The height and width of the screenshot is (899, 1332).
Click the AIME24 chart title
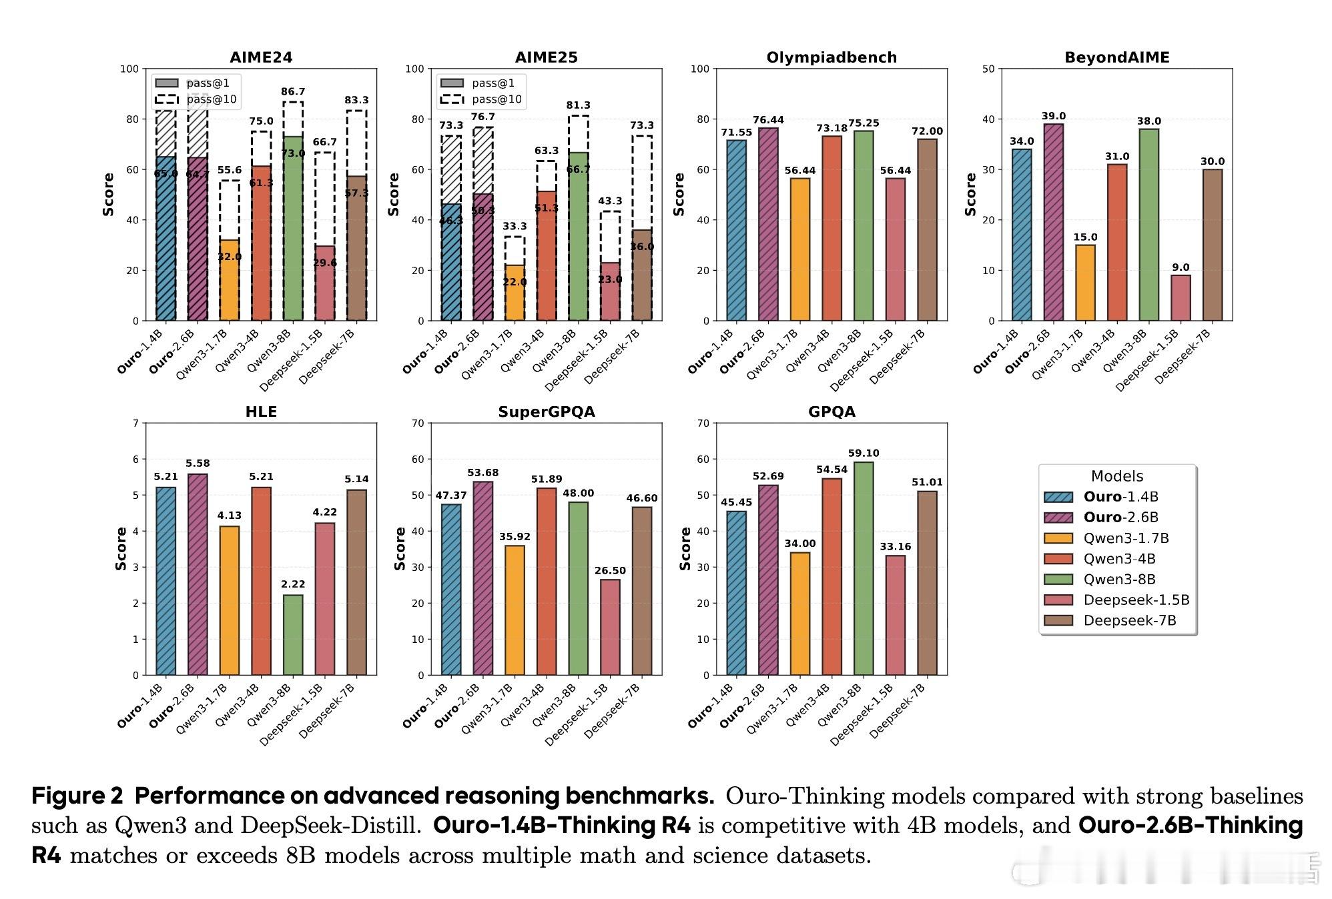tap(261, 57)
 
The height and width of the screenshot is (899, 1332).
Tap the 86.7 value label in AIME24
tap(293, 92)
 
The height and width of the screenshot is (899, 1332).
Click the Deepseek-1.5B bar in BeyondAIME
tap(1181, 298)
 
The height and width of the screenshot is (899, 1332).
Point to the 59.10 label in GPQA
tap(864, 454)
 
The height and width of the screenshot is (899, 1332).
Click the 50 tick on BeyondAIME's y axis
tap(988, 69)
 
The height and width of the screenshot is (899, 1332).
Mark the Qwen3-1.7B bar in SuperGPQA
tap(515, 610)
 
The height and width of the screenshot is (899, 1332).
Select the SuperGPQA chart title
tap(546, 412)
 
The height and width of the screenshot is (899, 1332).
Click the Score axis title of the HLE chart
tap(121, 548)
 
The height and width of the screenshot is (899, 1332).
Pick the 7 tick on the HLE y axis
tap(136, 423)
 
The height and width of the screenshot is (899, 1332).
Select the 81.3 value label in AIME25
tap(578, 105)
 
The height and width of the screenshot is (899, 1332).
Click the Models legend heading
tap(1116, 476)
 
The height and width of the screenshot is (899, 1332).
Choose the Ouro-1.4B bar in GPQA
tap(736, 593)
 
